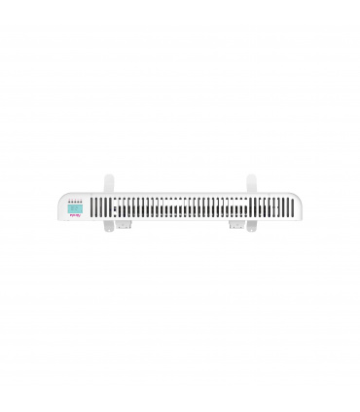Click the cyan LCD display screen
coord(74,208)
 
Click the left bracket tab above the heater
coord(108,183)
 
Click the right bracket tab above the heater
coord(251,183)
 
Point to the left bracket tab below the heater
coord(109,231)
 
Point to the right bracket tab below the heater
coord(251,231)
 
